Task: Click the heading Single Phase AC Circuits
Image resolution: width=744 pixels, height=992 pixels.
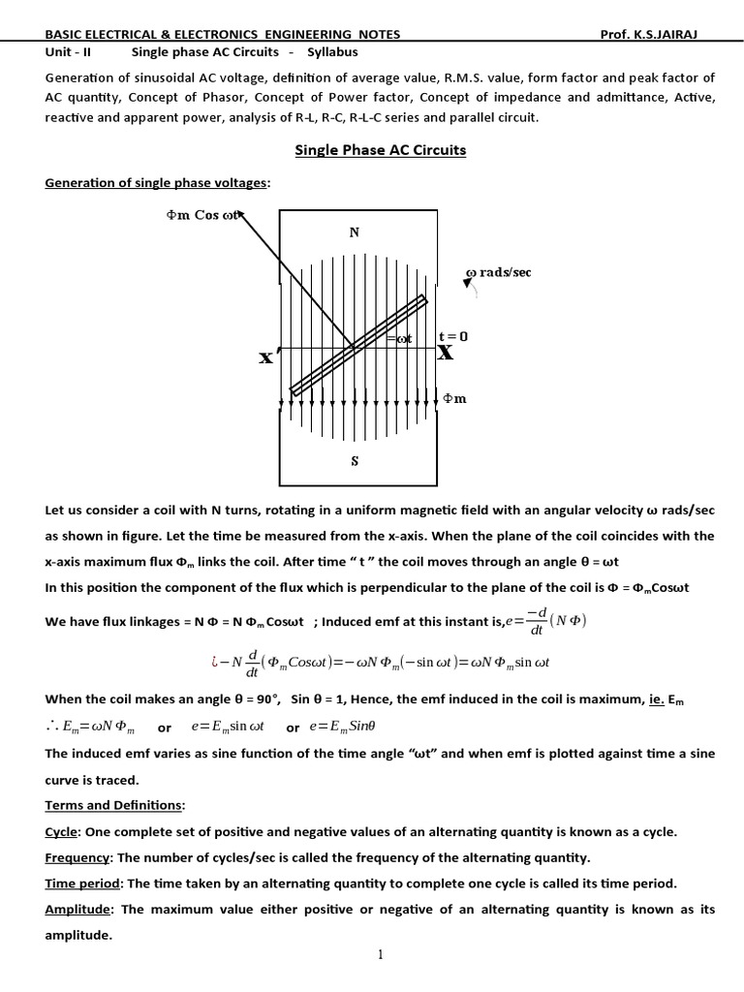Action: tap(380, 150)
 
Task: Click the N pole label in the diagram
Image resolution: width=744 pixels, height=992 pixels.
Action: tap(354, 232)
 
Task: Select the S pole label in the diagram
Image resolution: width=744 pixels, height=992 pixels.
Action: tap(355, 462)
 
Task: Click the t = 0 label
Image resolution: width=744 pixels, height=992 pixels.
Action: tap(453, 336)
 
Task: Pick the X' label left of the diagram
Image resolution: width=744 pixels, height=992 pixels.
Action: tap(266, 357)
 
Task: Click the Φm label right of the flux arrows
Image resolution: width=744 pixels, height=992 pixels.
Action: tap(454, 398)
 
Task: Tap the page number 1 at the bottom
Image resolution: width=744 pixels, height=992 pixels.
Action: tap(382, 954)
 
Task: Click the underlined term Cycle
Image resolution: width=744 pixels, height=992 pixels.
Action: tap(62, 832)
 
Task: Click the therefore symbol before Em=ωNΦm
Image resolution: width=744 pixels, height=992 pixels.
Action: tap(52, 727)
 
